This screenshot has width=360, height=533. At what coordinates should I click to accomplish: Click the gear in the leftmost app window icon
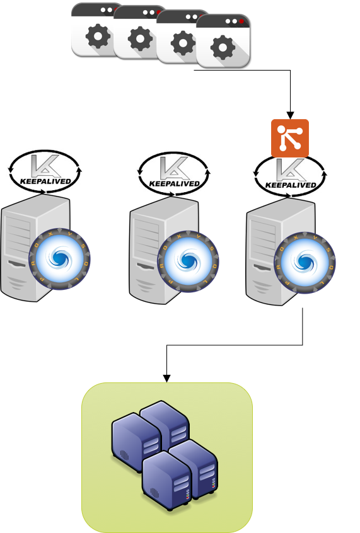tap(98, 37)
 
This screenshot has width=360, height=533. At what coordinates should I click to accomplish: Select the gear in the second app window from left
tap(140, 40)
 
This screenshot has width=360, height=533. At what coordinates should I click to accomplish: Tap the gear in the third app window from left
tap(183, 43)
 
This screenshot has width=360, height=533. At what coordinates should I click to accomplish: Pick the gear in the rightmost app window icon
tap(223, 48)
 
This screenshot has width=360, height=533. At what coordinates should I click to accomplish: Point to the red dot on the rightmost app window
tap(241, 21)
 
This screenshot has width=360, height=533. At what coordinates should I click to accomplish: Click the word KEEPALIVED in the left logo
tap(45, 183)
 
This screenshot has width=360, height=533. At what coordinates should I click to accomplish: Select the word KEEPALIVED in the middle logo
tap(174, 184)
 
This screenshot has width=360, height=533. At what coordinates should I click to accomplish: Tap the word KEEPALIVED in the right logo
tap(290, 186)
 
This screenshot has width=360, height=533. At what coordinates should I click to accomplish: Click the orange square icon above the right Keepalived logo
tap(290, 137)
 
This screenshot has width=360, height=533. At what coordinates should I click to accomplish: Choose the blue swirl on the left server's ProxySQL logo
tap(59, 258)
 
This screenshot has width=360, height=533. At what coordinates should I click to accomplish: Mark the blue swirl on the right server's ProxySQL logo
tap(305, 262)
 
